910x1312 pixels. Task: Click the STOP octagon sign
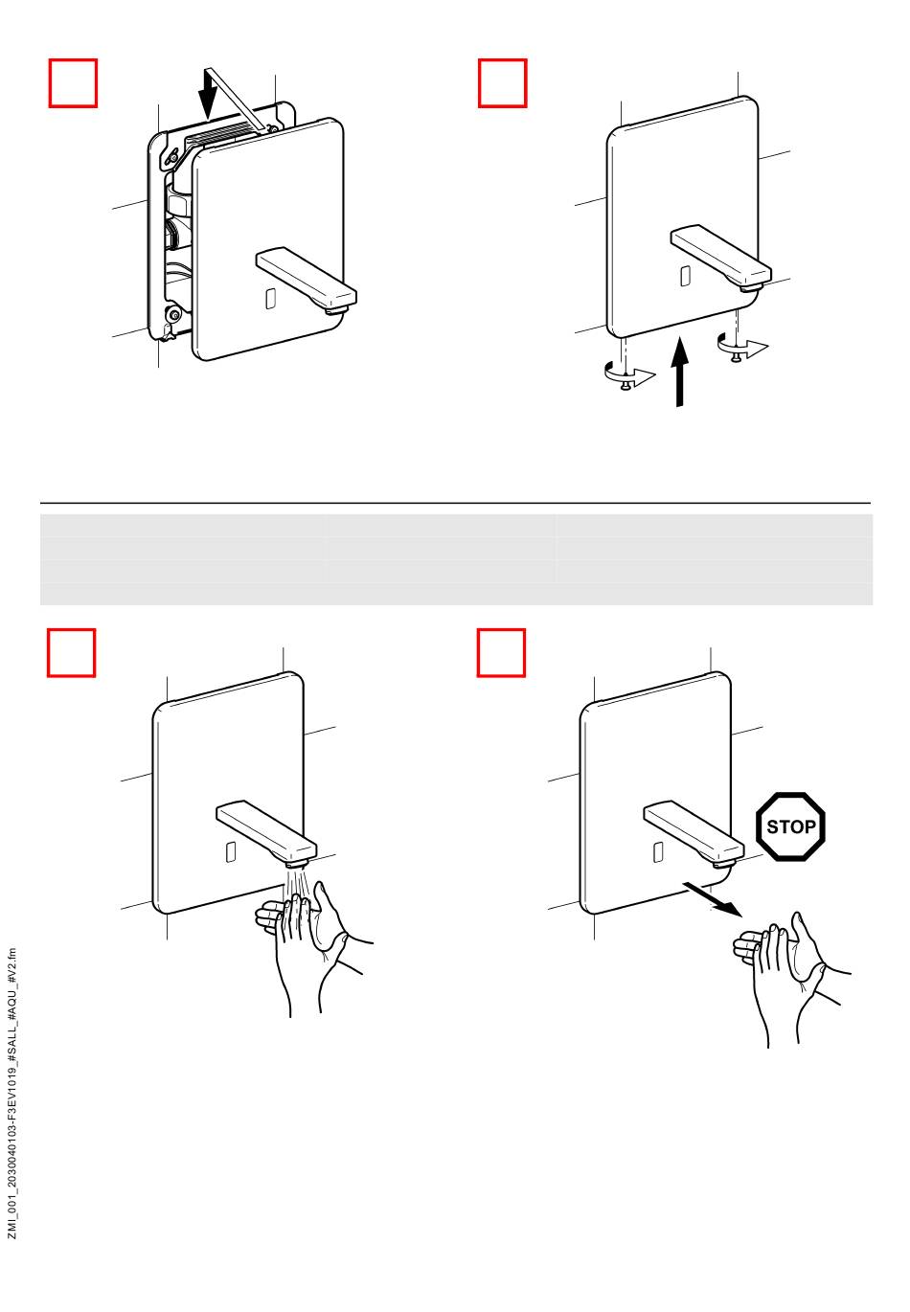pyautogui.click(x=790, y=826)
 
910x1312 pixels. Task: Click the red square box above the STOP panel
pyautogui.click(x=501, y=652)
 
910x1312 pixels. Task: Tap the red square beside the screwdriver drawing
pyautogui.click(x=73, y=82)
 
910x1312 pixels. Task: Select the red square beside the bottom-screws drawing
pyautogui.click(x=502, y=82)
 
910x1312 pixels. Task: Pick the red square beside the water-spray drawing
pyautogui.click(x=71, y=652)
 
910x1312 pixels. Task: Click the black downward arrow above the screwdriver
pyautogui.click(x=208, y=93)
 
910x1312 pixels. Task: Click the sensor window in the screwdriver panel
pyautogui.click(x=270, y=299)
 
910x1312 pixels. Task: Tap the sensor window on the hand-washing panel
pyautogui.click(x=231, y=852)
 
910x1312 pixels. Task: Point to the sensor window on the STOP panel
pyautogui.click(x=658, y=852)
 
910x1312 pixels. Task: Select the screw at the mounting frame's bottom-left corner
pyautogui.click(x=174, y=315)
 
